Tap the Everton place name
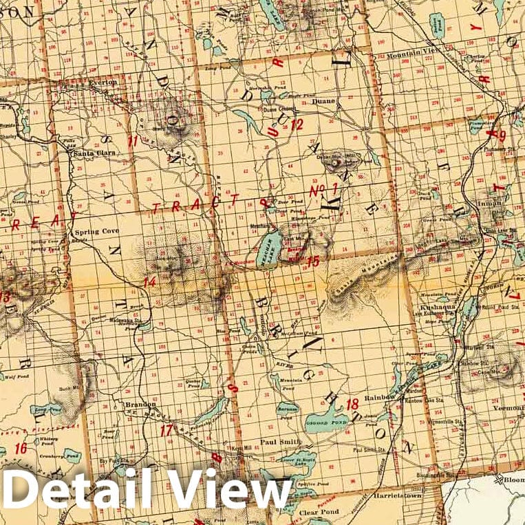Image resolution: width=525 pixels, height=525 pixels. pyautogui.click(x=104, y=82)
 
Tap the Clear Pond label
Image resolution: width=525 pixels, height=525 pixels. pyautogui.click(x=317, y=512)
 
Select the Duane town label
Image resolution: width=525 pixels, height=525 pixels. pyautogui.click(x=323, y=101)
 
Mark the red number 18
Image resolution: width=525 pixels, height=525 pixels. pyautogui.click(x=352, y=404)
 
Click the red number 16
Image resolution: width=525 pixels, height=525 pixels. pyautogui.click(x=21, y=448)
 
